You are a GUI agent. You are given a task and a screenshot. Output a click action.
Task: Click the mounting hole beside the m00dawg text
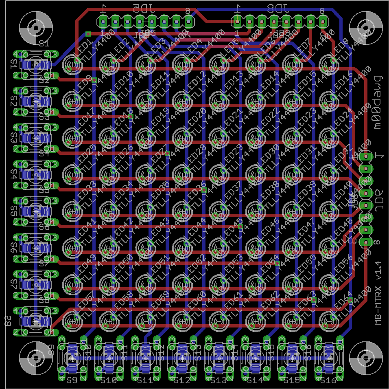pos(366,28)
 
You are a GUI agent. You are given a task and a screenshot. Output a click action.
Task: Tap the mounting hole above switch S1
pos(36,28)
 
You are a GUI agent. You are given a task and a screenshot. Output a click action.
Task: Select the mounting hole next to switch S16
pos(366,358)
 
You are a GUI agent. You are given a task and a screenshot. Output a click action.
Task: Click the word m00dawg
pos(378,102)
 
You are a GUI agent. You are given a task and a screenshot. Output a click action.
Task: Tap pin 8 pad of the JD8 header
pos(323,21)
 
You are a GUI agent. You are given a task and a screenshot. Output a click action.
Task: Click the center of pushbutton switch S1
pos(36,65)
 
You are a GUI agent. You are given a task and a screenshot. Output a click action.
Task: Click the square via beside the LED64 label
pos(350,300)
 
